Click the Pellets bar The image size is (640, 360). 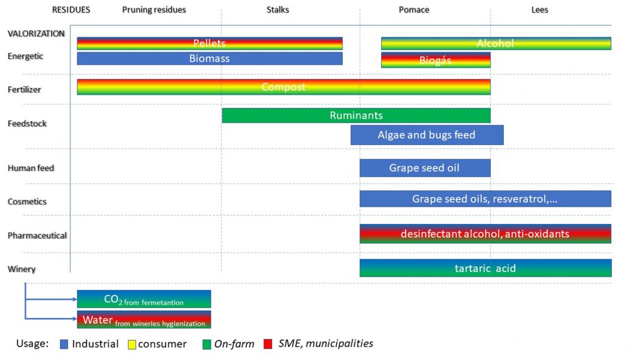[x=210, y=43]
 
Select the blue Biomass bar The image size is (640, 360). [x=210, y=59]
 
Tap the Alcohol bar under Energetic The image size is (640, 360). [x=496, y=43]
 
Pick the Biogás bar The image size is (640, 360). [x=436, y=60]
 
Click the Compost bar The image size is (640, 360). [x=283, y=87]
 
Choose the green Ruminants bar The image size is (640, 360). [x=356, y=115]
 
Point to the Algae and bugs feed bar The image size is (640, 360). [x=427, y=135]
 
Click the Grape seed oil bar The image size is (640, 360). [x=425, y=168]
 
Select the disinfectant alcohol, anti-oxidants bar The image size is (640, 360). [x=485, y=234]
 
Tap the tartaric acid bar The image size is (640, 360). [x=485, y=268]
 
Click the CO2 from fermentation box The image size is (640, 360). [x=144, y=299]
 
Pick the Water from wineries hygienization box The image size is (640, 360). [x=144, y=319]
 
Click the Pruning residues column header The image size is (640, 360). [x=154, y=10]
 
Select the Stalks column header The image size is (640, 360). [x=277, y=10]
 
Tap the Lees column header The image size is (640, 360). [x=539, y=10]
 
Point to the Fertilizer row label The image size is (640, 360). [x=23, y=89]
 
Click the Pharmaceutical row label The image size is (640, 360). [x=37, y=235]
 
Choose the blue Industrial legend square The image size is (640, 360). [x=64, y=344]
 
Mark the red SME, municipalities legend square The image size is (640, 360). [x=268, y=344]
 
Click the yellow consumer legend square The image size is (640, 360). [x=132, y=344]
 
